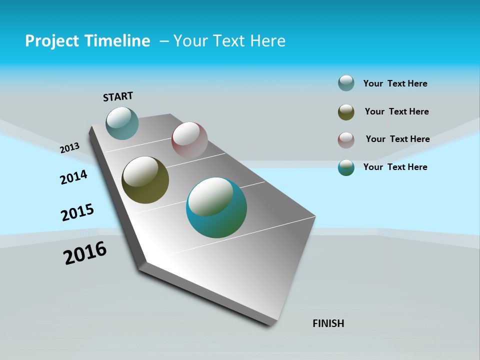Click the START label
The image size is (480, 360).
(118, 96)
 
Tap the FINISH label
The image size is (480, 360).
(328, 323)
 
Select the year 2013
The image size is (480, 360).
(69, 147)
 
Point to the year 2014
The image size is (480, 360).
(73, 177)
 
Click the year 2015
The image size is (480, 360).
(77, 212)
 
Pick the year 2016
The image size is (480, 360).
(85, 253)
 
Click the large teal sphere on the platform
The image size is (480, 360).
(216, 207)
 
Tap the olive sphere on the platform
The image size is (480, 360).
(145, 180)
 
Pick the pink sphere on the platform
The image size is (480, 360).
(189, 140)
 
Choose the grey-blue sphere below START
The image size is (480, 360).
(122, 123)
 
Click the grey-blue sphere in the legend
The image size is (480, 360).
(346, 83)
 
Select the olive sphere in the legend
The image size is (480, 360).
(346, 112)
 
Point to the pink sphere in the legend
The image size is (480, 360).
(346, 140)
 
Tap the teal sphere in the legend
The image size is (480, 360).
(346, 167)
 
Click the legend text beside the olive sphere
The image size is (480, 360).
(396, 111)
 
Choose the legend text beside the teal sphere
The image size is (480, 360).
(395, 167)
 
